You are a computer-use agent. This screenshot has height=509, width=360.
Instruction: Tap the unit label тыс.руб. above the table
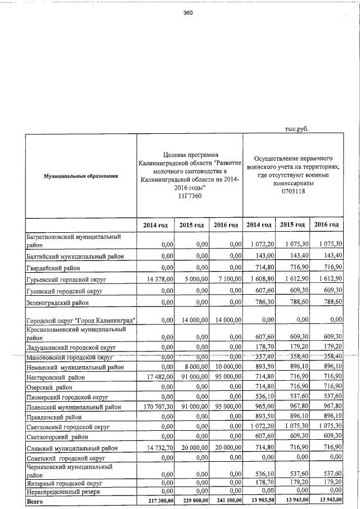click(297, 128)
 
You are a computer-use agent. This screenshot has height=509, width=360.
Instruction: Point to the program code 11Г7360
click(189, 196)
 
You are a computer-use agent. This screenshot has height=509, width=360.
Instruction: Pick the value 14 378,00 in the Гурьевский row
click(154, 279)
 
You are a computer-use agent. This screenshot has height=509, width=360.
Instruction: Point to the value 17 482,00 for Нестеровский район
click(154, 377)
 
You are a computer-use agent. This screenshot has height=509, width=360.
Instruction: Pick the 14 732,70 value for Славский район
click(154, 448)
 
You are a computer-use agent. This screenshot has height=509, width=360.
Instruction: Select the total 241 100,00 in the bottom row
click(226, 500)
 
